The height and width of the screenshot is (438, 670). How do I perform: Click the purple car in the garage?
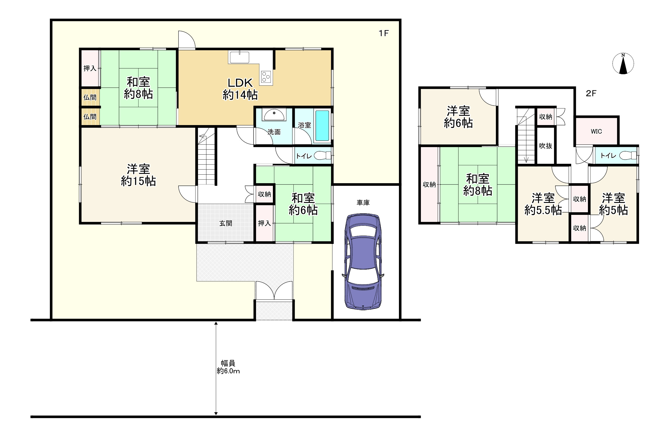363,262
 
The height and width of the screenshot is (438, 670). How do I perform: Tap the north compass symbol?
623,64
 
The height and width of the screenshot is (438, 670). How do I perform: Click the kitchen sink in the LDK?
239,58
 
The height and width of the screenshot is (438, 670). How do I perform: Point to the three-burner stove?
266,77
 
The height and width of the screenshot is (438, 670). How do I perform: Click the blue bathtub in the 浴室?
322,126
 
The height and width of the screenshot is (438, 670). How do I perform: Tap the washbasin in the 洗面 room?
274,115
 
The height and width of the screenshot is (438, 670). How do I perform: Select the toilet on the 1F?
323,155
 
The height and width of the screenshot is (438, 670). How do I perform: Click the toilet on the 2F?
628,155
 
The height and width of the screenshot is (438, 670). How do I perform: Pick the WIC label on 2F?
596,131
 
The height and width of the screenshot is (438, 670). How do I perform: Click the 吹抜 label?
546,146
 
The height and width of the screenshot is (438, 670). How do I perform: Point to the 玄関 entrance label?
226,223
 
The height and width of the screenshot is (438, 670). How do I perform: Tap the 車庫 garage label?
363,202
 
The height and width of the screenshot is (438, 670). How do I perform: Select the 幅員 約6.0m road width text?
228,367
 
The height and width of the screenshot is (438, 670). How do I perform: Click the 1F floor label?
384,33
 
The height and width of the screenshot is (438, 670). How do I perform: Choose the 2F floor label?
591,93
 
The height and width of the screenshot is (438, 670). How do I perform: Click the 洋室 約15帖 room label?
138,175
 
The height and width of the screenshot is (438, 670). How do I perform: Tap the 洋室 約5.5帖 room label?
543,204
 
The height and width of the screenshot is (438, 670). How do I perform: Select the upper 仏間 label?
90,97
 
